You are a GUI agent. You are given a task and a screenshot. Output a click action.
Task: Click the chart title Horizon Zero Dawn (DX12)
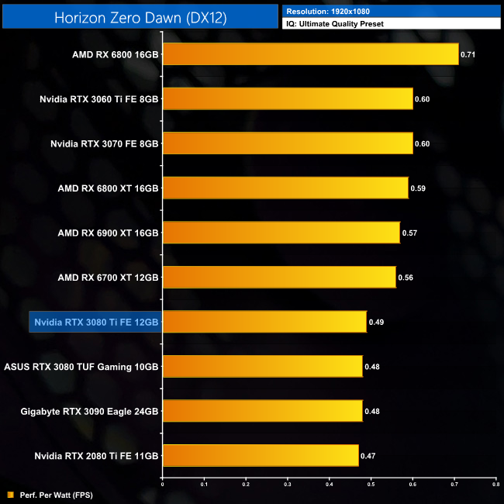[x=140, y=17]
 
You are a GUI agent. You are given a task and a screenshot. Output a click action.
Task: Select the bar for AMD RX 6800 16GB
[x=310, y=54]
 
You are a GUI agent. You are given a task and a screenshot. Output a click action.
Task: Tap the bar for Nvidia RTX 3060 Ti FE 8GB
[x=288, y=99]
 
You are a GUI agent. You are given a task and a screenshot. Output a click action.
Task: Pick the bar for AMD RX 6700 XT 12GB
[x=279, y=277]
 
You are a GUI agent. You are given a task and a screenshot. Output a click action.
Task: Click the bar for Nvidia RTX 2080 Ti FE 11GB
[x=261, y=455]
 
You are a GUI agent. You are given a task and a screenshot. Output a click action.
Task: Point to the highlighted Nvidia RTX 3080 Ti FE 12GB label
[x=95, y=322]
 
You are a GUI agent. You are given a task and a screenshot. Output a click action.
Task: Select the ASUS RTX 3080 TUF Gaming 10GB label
[x=82, y=366]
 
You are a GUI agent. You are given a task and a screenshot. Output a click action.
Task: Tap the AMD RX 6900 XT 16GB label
[x=108, y=233]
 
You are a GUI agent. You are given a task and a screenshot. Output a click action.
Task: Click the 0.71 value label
[x=468, y=55]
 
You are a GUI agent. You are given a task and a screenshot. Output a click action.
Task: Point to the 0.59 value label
[x=417, y=188]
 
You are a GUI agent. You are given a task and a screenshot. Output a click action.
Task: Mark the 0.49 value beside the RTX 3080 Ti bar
[x=376, y=322]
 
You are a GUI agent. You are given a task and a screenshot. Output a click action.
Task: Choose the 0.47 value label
[x=368, y=455]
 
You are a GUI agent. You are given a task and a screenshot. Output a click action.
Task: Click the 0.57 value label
[x=409, y=233]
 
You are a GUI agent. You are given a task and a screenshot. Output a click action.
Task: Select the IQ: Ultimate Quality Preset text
[x=335, y=24]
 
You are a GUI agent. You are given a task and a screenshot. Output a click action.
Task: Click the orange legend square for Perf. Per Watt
[x=10, y=495]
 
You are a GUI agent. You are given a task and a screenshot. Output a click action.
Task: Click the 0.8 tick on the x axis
[x=495, y=484]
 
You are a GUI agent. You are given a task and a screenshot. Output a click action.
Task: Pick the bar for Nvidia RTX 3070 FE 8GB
[x=288, y=143]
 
